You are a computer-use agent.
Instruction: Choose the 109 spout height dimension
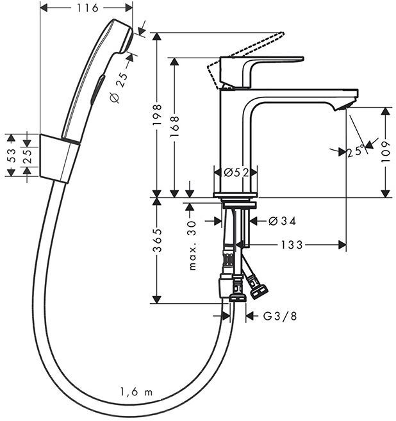[x=385, y=153]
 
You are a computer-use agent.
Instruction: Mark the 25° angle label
[x=356, y=152]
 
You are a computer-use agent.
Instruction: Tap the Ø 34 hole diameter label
[x=278, y=221]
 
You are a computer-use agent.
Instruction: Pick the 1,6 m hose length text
[x=136, y=392]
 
